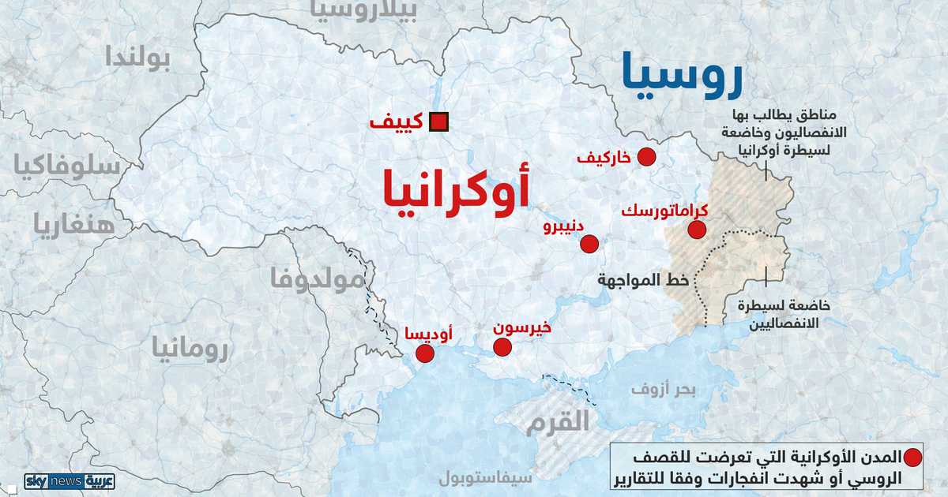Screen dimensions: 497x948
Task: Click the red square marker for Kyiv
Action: tap(438, 122)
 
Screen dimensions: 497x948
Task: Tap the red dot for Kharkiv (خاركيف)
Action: tap(647, 157)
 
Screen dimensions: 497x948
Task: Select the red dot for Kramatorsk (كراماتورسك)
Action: tap(697, 230)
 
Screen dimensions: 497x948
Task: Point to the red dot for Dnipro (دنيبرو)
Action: tap(589, 244)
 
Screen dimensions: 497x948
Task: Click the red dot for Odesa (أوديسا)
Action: tap(425, 353)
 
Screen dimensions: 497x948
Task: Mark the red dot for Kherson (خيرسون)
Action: tap(502, 347)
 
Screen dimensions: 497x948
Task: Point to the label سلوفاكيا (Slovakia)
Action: tap(66, 166)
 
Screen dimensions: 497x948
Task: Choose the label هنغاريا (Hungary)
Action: tap(73, 224)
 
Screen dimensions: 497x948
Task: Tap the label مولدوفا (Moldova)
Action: tap(317, 278)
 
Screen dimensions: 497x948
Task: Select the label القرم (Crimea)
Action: tap(559, 420)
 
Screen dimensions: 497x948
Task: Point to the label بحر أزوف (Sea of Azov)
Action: tap(663, 389)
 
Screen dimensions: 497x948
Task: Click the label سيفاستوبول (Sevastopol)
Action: tap(486, 478)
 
